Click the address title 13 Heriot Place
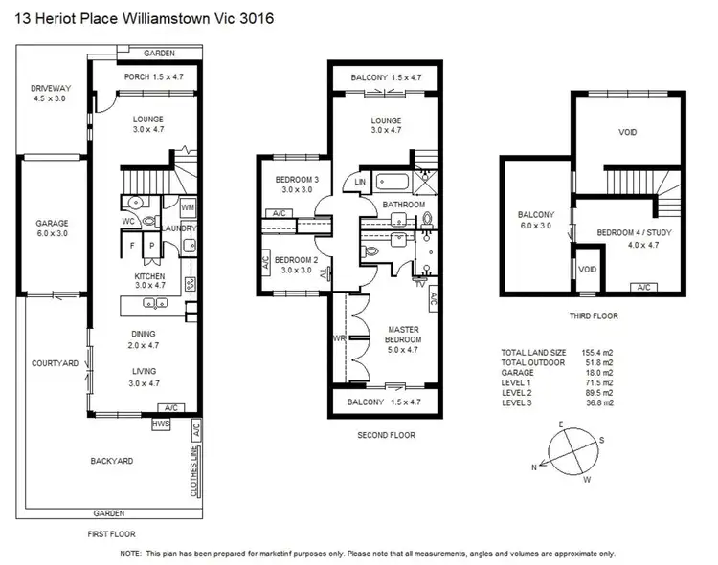tap(138, 19)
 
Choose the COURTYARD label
tap(54, 363)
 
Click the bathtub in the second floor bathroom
tap(393, 181)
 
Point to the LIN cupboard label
tap(360, 182)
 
